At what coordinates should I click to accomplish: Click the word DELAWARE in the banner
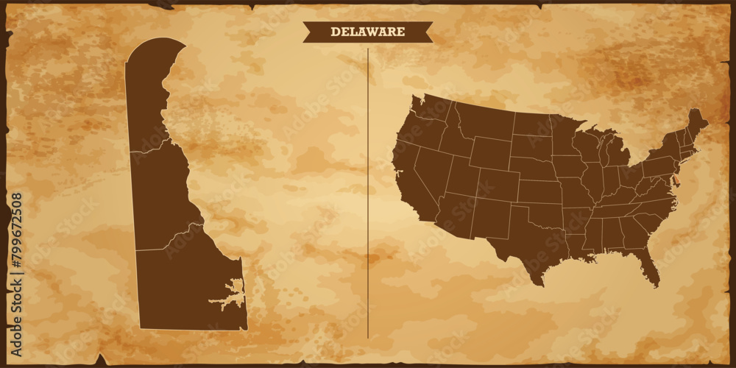(367, 32)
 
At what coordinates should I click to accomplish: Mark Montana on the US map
(482, 121)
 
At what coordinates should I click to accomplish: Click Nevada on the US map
(431, 166)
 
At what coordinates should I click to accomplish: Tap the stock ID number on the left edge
(16, 243)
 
